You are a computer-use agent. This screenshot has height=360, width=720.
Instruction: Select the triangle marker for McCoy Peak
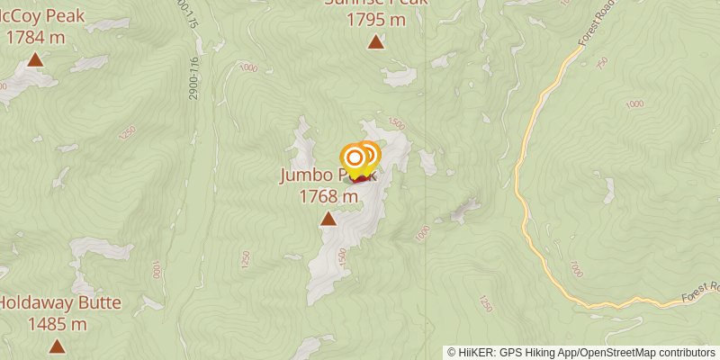(x=35, y=60)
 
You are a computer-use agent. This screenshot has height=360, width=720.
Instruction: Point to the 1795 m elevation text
(x=376, y=20)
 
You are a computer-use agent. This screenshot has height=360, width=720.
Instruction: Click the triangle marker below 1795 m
(x=375, y=41)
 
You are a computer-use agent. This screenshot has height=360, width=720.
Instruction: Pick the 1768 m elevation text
(x=328, y=194)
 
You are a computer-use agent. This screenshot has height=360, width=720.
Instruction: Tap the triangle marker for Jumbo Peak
(x=328, y=219)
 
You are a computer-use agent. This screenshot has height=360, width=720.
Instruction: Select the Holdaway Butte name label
(x=59, y=303)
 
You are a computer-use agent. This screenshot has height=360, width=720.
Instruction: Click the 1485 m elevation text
(x=58, y=323)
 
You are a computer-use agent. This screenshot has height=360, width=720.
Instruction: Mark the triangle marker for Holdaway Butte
(x=58, y=346)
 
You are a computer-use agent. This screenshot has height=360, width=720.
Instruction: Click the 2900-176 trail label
(x=194, y=78)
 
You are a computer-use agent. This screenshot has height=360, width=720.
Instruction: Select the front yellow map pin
(x=355, y=159)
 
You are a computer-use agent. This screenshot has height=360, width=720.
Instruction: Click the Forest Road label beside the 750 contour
(x=596, y=31)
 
